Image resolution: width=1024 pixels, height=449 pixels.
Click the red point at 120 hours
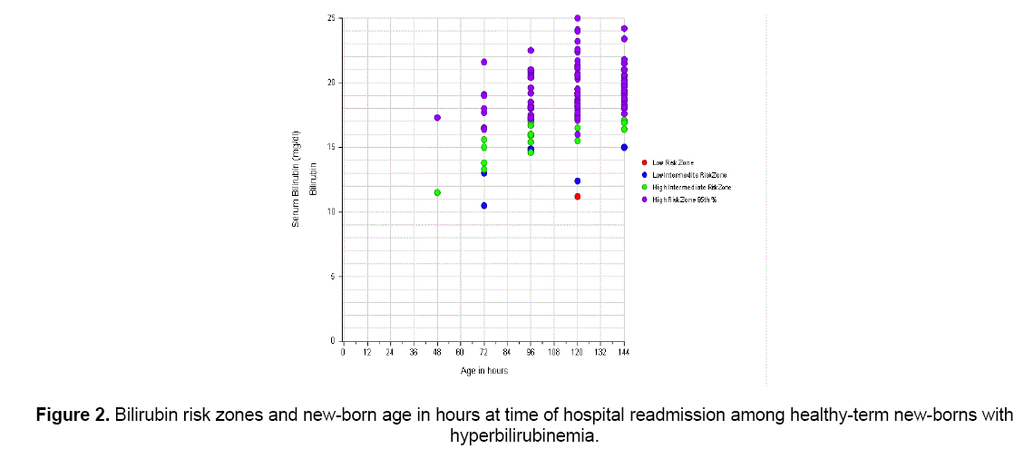(577, 197)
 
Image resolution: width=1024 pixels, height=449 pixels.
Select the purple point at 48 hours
(437, 118)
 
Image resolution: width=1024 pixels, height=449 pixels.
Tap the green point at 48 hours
(437, 192)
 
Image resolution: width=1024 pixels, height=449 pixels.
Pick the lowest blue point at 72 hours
(484, 206)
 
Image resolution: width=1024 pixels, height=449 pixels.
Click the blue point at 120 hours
(577, 181)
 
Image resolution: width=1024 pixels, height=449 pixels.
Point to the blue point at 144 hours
(624, 147)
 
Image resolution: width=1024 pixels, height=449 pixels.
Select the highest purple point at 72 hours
(484, 62)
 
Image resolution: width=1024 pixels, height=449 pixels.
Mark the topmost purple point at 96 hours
(531, 51)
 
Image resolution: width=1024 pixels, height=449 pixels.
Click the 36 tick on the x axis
(414, 352)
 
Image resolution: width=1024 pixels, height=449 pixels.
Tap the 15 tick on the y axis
(333, 147)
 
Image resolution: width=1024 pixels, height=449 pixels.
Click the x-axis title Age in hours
(483, 371)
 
